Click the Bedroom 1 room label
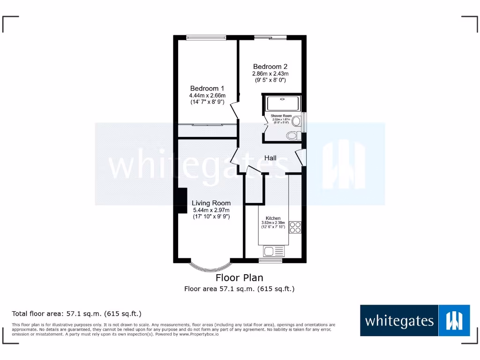pyautogui.click(x=207, y=88)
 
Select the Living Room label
pyautogui.click(x=211, y=203)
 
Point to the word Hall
pyautogui.click(x=270, y=158)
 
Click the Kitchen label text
pyautogui.click(x=273, y=218)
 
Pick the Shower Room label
pyautogui.click(x=281, y=116)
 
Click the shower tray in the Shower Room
pyautogui.click(x=282, y=103)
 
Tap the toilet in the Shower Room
pyautogui.click(x=292, y=136)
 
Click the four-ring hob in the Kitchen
pyautogui.click(x=295, y=227)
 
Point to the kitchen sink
pyautogui.click(x=269, y=251)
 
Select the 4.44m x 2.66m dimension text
pyautogui.click(x=208, y=96)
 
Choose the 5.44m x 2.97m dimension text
pyautogui.click(x=211, y=210)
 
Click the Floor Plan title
pyautogui.click(x=240, y=278)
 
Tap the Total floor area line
pyautogui.click(x=76, y=314)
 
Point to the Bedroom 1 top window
pyautogui.click(x=207, y=37)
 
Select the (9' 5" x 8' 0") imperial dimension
pyautogui.click(x=270, y=80)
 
